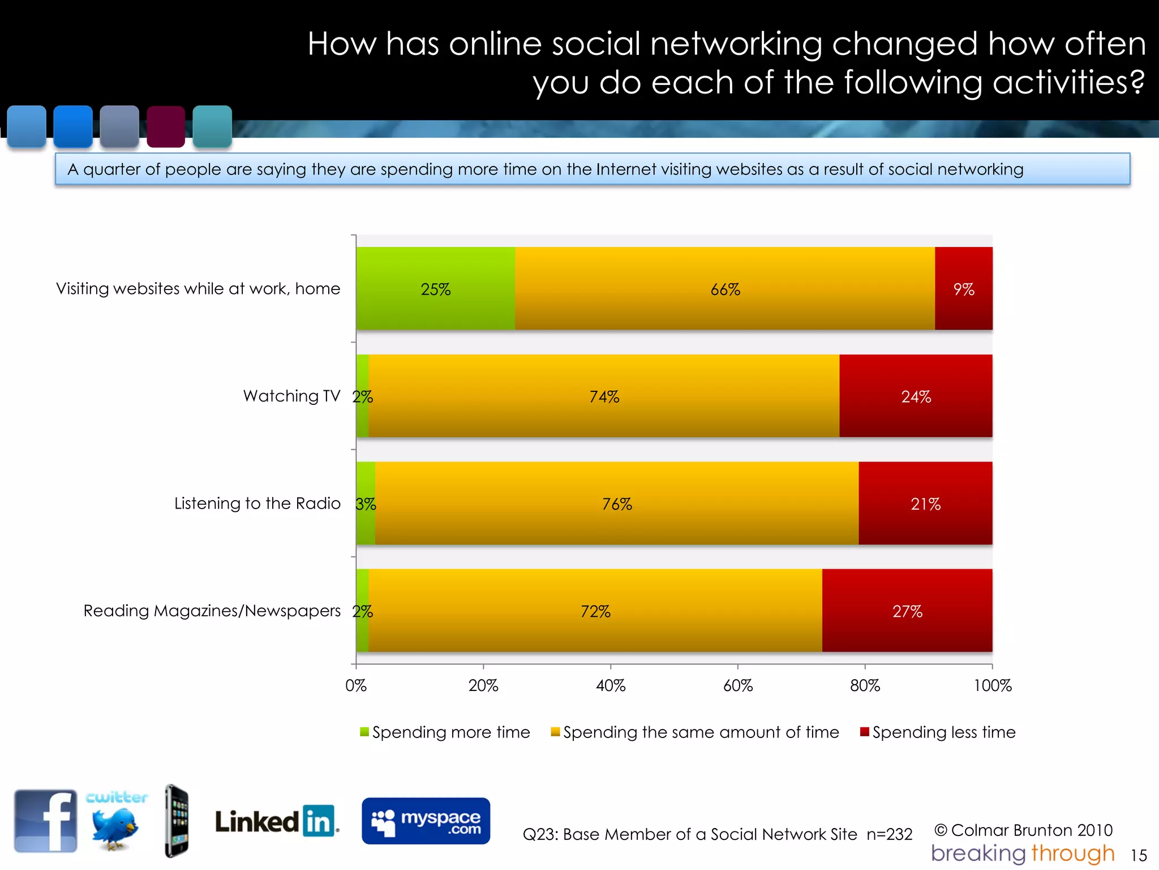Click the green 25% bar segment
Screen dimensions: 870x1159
[435, 288]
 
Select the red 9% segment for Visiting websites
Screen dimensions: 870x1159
[963, 288]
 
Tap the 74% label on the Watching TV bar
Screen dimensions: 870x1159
[604, 396]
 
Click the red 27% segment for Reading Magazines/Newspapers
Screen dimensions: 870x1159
[907, 611]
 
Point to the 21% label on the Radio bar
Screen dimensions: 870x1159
[925, 504]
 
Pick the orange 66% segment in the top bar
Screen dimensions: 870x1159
[724, 288]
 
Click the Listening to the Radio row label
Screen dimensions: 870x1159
[257, 503]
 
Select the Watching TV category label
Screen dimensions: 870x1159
[291, 396]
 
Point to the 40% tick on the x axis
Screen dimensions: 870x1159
[611, 685]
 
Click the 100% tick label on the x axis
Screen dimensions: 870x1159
[992, 685]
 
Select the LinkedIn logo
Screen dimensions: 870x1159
[276, 821]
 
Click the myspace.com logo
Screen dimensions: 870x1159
[426, 821]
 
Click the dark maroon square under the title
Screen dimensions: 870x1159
[166, 126]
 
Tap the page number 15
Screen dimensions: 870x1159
[1138, 855]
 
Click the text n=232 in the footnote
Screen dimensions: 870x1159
[889, 834]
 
